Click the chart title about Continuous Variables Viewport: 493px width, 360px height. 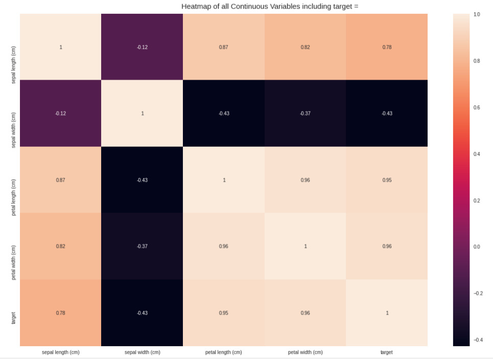270,6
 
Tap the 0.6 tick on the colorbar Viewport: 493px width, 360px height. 477,107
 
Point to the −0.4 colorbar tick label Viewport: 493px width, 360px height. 478,340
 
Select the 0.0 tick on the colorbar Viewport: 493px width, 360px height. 477,247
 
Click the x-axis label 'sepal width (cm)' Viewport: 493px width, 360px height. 142,352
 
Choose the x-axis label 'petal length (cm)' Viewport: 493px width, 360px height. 223,352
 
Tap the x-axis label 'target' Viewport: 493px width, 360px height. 386,352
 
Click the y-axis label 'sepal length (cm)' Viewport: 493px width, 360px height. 13,65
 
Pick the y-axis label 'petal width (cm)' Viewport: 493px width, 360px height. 13,262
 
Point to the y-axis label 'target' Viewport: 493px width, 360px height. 13,318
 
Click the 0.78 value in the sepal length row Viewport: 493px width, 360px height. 387,48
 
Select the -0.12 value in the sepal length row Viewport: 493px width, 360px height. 142,48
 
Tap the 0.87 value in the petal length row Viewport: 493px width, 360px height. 60,180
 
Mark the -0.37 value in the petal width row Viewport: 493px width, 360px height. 142,246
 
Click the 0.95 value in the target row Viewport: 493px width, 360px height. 223,313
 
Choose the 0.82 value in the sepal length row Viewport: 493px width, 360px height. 305,48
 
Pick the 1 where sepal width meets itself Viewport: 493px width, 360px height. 142,114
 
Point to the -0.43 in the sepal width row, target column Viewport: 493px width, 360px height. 387,114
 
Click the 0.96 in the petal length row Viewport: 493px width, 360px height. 305,180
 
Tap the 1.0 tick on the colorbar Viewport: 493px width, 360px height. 477,15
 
